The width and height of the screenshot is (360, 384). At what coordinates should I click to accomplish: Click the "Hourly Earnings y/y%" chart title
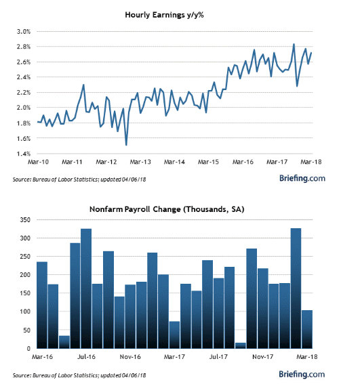pos(164,15)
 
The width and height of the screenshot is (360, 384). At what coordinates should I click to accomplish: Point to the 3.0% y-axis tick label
pos(24,32)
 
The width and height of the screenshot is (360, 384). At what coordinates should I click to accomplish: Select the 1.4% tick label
pos(24,154)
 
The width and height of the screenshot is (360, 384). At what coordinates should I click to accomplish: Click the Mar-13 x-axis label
pos(140,162)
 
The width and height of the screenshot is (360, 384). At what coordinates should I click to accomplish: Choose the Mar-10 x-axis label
pos(38,162)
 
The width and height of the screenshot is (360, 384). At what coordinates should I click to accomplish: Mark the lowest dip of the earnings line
pos(126,145)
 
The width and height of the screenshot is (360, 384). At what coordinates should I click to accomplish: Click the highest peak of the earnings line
pos(294,44)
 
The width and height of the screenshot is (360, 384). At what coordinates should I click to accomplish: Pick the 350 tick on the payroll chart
pos(25,220)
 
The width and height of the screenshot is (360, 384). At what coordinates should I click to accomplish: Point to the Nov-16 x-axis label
pos(130,357)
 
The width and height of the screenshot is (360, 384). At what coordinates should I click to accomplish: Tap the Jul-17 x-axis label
pos(218,357)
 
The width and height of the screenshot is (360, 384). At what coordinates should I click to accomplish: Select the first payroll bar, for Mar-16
pos(42,305)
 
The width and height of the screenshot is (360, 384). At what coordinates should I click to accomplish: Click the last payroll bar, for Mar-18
pos(307,329)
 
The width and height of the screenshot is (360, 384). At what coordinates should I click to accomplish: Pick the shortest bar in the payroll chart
pos(241,345)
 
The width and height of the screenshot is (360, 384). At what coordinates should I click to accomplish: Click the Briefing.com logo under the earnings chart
pos(302,178)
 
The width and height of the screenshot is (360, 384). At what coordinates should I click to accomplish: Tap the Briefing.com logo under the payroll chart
pos(302,375)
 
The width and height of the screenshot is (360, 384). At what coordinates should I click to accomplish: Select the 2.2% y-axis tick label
pos(24,93)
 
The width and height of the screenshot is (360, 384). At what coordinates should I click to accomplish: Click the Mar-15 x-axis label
pos(208,162)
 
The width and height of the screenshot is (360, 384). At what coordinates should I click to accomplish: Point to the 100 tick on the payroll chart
pos(25,312)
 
